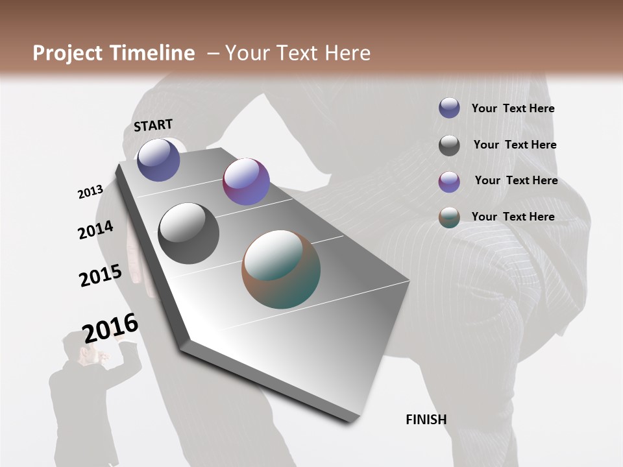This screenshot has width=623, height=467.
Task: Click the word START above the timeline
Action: (153, 125)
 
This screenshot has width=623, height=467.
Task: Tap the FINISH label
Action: (426, 420)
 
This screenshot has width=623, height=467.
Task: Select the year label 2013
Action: (90, 192)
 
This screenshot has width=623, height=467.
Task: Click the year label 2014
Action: (95, 230)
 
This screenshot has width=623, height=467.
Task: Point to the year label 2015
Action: (100, 275)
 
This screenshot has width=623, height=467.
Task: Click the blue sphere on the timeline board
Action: (158, 160)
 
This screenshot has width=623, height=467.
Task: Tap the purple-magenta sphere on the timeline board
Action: (246, 182)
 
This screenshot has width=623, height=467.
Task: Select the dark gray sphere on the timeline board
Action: (188, 233)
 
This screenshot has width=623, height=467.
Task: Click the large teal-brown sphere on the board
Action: (281, 269)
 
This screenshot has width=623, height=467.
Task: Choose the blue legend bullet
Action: (449, 108)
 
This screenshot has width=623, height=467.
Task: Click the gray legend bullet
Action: (449, 145)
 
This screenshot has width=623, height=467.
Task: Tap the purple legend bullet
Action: (449, 182)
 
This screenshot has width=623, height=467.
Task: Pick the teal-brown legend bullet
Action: (449, 217)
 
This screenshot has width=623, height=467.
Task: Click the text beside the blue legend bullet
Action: (513, 108)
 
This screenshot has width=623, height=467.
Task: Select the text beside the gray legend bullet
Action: (515, 145)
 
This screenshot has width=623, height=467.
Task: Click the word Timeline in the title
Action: (151, 53)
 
